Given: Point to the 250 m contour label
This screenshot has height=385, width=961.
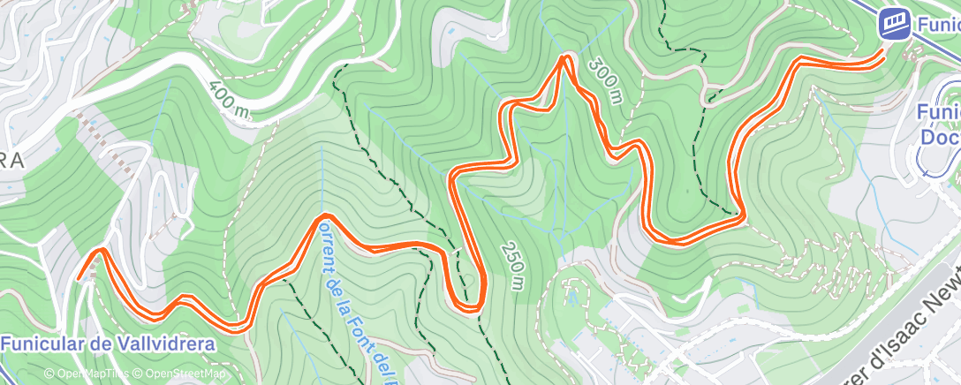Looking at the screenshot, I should (511, 265).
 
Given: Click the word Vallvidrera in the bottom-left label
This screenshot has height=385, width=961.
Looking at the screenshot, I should (165, 344).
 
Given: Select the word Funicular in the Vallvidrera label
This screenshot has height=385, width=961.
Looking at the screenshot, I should (42, 344).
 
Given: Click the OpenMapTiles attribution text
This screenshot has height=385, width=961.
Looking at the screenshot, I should (88, 374).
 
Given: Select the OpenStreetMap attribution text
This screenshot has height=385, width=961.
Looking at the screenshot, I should (181, 374).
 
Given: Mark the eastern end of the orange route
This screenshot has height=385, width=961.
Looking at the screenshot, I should (882, 53).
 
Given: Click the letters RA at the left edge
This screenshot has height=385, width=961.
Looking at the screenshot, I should (11, 160).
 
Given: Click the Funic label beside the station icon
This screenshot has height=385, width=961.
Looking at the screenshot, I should (937, 24).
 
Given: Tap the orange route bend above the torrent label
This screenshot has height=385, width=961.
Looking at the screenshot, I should (326, 216).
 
